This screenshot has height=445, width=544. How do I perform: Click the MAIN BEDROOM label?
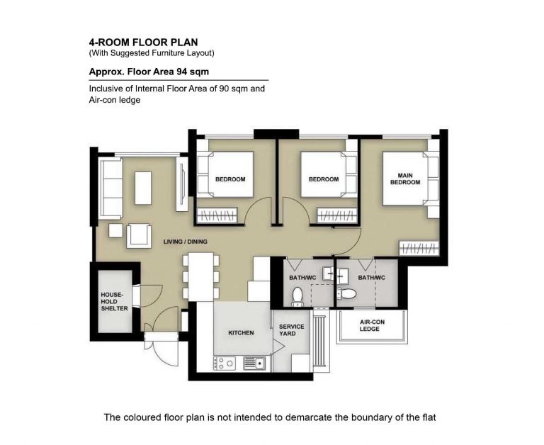click(405, 179)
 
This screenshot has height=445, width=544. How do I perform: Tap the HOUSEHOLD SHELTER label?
click(114, 301)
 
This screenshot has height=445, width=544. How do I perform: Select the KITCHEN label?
click(241, 332)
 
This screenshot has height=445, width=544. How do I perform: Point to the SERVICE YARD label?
click(291, 329)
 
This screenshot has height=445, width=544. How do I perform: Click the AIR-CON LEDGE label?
click(372, 325)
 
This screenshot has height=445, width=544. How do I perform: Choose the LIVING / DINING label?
click(186, 242)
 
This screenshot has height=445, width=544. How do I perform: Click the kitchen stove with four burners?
click(225, 363)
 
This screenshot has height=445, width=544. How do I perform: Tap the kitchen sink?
click(254, 363)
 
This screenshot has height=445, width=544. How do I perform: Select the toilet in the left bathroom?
click(297, 297)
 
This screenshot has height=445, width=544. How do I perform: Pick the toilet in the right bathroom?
click(346, 293)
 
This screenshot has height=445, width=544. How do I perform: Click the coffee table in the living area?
click(143, 188)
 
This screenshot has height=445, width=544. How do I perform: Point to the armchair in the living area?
click(139, 236)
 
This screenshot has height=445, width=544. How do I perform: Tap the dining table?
click(200, 276)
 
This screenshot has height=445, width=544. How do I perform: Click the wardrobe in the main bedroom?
click(419, 248)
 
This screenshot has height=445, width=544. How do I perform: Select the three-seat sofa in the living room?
click(110, 188)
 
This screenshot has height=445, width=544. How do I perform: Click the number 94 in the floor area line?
click(182, 72)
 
